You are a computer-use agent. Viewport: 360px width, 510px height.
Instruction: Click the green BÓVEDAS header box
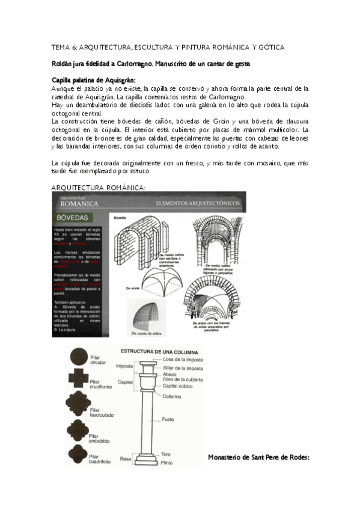click(77, 217)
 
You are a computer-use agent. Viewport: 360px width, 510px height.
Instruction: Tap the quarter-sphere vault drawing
click(146, 313)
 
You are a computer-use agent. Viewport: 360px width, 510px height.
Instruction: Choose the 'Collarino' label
click(172, 396)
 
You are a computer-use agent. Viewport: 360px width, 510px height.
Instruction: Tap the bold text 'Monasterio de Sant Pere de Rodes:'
click(258, 457)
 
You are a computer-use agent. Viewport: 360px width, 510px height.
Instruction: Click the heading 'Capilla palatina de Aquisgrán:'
click(93, 79)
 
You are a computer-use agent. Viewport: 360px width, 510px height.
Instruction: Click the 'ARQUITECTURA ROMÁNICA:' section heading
click(98, 187)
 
